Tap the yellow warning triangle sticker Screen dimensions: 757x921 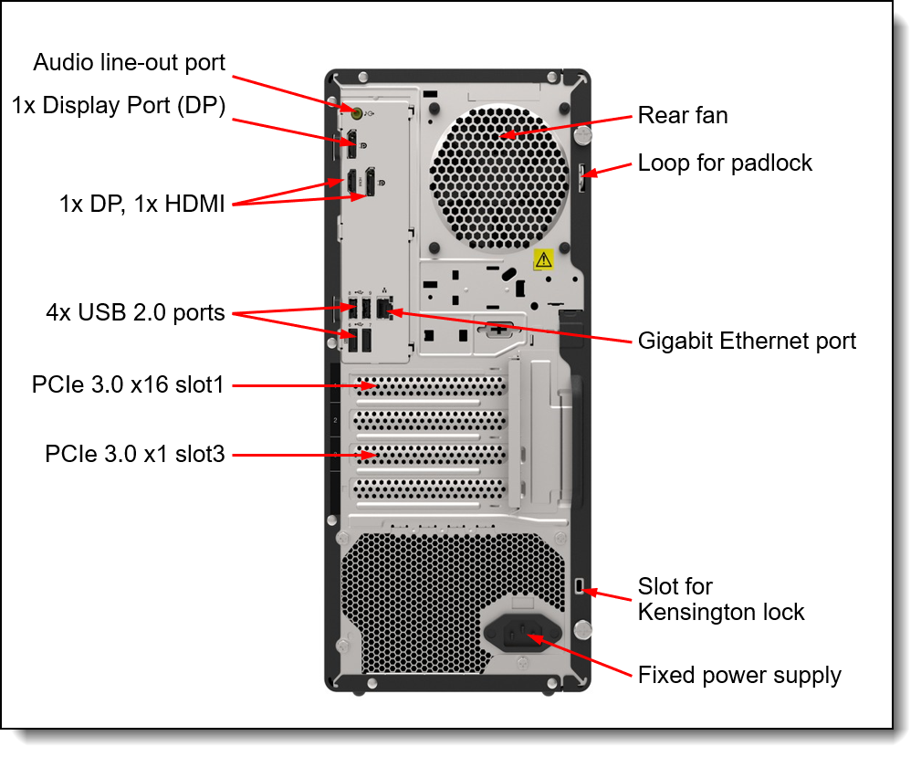coord(543,259)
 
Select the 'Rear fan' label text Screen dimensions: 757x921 coord(682,115)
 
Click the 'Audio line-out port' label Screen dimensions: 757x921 coord(129,62)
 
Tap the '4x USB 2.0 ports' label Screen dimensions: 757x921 coord(135,313)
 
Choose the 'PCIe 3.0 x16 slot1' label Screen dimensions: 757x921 coord(128,385)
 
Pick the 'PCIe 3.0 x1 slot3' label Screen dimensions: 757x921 coord(134,453)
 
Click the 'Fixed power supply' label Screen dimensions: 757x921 coord(739,676)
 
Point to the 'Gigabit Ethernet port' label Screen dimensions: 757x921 coord(747,341)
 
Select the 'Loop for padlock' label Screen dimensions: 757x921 coord(725,163)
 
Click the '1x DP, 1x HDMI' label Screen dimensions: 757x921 coord(141,205)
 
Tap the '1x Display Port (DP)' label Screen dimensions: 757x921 coord(119,105)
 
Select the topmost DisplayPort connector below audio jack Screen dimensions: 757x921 coord(351,142)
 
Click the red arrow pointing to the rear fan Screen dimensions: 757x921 coord(566,125)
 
